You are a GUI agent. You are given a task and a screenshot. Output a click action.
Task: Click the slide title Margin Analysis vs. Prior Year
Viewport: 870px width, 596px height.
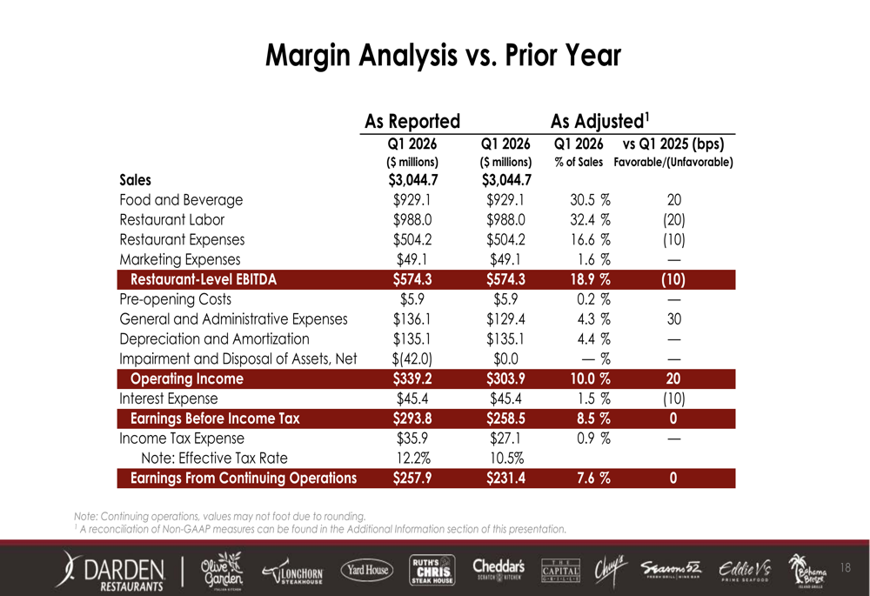(443, 57)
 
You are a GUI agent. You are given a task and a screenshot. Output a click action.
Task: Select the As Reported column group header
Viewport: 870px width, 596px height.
(412, 120)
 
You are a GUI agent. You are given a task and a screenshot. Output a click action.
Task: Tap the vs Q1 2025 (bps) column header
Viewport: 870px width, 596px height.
(673, 144)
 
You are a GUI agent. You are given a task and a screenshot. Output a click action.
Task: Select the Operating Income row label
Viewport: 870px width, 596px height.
(186, 379)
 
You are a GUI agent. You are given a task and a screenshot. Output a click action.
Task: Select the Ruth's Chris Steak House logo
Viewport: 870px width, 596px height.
(432, 570)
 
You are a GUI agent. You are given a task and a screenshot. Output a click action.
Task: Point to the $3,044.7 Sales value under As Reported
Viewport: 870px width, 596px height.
(412, 181)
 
